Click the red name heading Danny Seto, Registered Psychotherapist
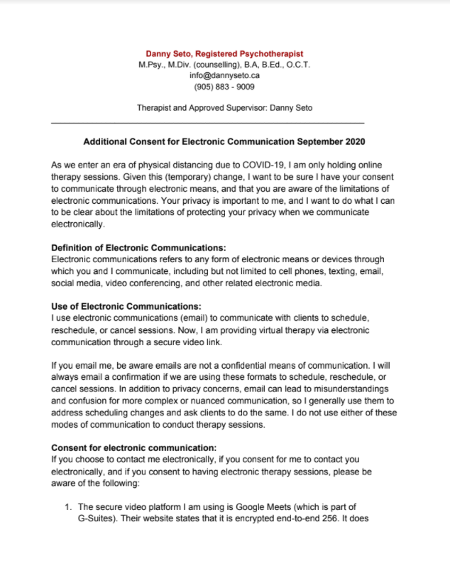[224, 54]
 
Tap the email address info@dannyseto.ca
[224, 75]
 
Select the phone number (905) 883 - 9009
[224, 87]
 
